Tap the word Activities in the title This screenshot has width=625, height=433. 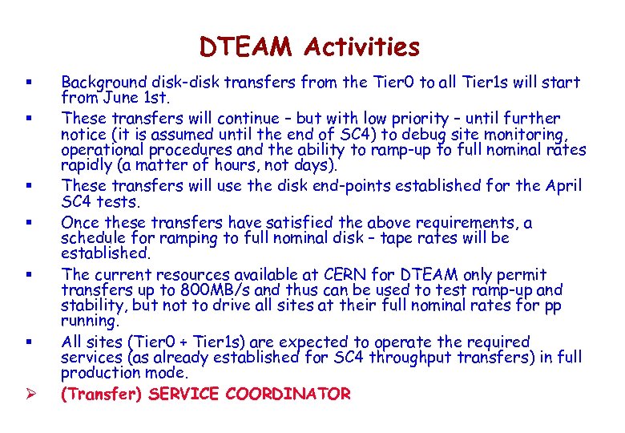(x=361, y=47)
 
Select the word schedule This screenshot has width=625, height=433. (x=94, y=238)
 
